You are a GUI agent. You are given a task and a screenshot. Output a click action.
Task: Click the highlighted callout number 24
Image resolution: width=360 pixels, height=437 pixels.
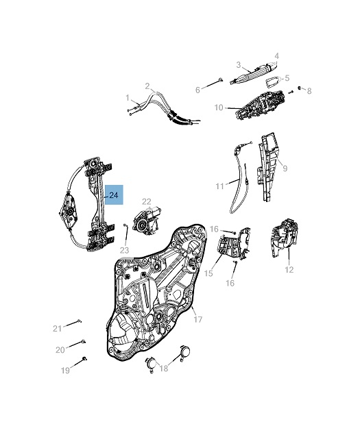[114, 195]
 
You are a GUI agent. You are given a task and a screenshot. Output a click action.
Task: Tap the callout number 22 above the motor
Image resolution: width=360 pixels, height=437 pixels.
[146, 201]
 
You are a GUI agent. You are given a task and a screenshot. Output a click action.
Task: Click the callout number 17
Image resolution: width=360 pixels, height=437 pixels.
[198, 319]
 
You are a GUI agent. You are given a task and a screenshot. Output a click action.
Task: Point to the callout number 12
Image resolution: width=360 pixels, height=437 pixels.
[289, 269]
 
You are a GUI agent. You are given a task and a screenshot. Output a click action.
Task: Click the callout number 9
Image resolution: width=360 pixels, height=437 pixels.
[285, 168]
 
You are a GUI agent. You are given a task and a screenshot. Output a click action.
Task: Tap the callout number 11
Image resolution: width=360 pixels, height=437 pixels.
[220, 186]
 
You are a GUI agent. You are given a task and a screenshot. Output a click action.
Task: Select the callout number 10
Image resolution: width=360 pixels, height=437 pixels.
[219, 108]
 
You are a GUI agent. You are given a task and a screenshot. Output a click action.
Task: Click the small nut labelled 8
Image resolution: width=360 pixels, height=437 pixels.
[300, 88]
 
